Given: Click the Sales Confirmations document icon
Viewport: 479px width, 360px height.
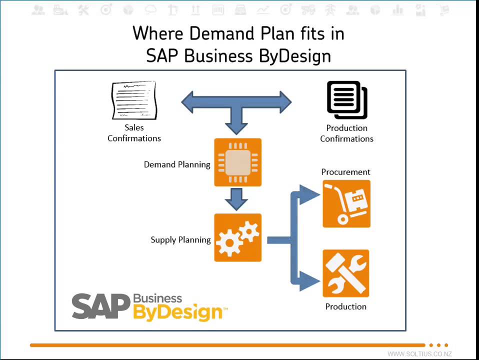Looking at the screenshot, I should tap(133, 100).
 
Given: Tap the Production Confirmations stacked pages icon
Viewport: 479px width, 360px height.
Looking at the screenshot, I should tap(347, 100).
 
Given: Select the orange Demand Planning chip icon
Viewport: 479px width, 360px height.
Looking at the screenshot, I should tap(237, 162).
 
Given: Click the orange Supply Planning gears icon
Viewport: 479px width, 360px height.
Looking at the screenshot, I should tap(237, 237).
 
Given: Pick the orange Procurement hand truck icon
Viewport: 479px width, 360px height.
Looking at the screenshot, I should tap(346, 203).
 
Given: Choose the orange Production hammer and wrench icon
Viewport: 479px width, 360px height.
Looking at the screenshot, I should tap(346, 273).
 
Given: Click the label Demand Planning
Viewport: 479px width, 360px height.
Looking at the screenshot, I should tap(177, 164).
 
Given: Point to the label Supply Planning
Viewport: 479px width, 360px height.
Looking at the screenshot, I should tap(180, 240).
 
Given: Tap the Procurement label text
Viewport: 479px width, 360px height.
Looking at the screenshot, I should tap(345, 172).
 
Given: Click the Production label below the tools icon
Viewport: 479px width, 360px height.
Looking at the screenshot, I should tap(345, 306).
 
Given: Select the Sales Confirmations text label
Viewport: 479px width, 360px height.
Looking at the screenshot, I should tap(134, 133).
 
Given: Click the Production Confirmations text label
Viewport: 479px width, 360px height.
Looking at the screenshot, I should tap(346, 133).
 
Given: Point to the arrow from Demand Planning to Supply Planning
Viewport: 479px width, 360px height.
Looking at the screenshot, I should tap(236, 199).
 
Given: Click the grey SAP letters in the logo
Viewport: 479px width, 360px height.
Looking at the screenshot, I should tap(101, 306).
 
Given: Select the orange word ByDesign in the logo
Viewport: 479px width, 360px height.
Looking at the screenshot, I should tap(177, 312).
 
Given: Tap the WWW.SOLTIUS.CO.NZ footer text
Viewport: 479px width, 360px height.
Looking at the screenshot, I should tap(419, 354).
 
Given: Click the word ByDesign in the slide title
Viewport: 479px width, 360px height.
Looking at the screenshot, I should tap(295, 56).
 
